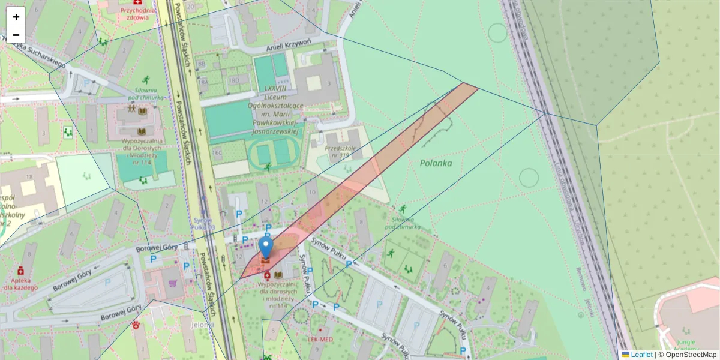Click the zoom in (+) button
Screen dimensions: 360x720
coord(16,16)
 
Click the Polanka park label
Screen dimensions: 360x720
coord(436,163)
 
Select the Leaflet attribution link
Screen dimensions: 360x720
coord(641,355)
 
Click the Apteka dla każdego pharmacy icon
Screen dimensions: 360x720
coord(20,270)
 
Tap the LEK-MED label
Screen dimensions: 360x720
coord(320,339)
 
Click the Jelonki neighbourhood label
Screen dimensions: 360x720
coord(203,325)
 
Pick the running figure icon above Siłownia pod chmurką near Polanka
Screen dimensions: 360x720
coord(402,209)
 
